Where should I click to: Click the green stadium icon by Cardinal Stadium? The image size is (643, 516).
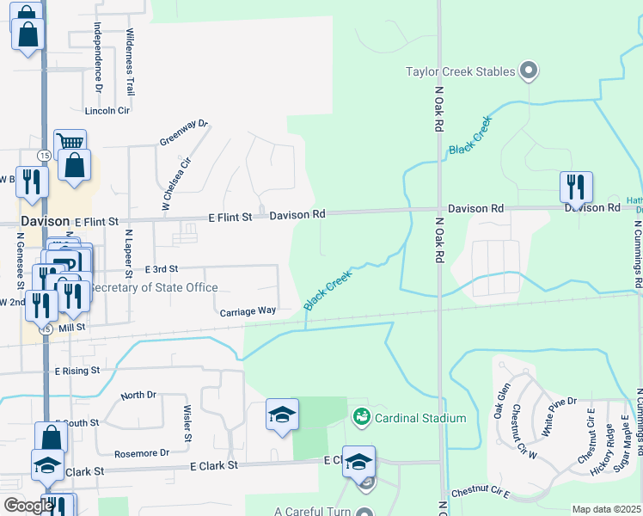361,418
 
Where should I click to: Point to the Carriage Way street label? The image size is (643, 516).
248,311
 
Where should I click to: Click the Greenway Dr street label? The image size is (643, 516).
184,132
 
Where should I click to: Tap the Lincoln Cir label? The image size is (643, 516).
107,111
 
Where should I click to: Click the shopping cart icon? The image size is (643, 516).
70,144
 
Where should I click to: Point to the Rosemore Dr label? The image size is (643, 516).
141,453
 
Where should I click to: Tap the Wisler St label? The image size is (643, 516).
187,421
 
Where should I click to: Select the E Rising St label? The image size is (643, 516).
77,371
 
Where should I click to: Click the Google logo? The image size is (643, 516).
28,506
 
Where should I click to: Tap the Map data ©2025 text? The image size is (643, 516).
605,509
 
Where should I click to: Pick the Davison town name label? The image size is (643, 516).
45,221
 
